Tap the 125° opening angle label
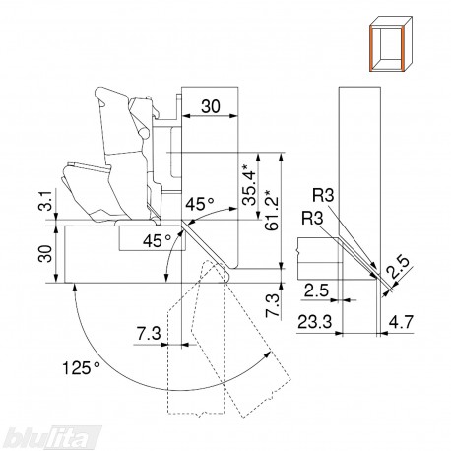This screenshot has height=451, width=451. (x=81, y=367)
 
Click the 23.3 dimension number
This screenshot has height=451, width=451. (x=314, y=322)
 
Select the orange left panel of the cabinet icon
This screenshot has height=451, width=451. (x=372, y=49)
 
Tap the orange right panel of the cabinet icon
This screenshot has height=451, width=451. (x=401, y=49)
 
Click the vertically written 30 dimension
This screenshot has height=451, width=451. (x=45, y=253)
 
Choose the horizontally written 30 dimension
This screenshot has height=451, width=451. (x=211, y=106)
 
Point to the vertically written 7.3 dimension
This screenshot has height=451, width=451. (x=273, y=305)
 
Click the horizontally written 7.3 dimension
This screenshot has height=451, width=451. (x=149, y=334)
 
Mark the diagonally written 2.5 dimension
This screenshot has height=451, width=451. (x=398, y=267)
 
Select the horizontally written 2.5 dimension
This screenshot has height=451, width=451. (x=316, y=290)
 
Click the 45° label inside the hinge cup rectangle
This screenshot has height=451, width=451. (x=157, y=241)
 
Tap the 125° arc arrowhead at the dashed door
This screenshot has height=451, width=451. (x=269, y=354)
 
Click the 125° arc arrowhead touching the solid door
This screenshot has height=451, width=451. (x=75, y=288)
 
